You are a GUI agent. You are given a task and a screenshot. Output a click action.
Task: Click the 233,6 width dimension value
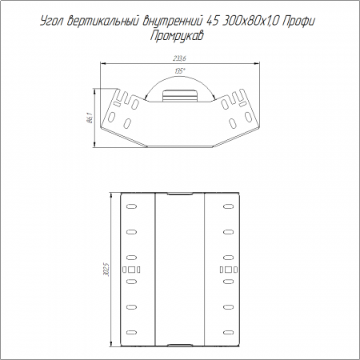tap(179, 58)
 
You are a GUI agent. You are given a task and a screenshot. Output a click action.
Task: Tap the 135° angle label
tap(180, 71)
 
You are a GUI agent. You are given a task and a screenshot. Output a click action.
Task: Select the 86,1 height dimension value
tap(90, 118)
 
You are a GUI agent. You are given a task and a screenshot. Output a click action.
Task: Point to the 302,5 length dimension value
tap(107, 270)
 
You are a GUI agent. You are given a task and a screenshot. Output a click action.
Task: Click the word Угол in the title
tap(52, 22)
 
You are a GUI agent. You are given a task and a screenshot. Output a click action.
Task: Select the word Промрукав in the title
tap(177, 35)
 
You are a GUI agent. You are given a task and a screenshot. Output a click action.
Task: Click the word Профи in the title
tap(298, 22)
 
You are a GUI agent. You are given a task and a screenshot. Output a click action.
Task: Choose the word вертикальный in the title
tap(103, 22)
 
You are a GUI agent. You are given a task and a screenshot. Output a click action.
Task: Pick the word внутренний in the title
tap(174, 22)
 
